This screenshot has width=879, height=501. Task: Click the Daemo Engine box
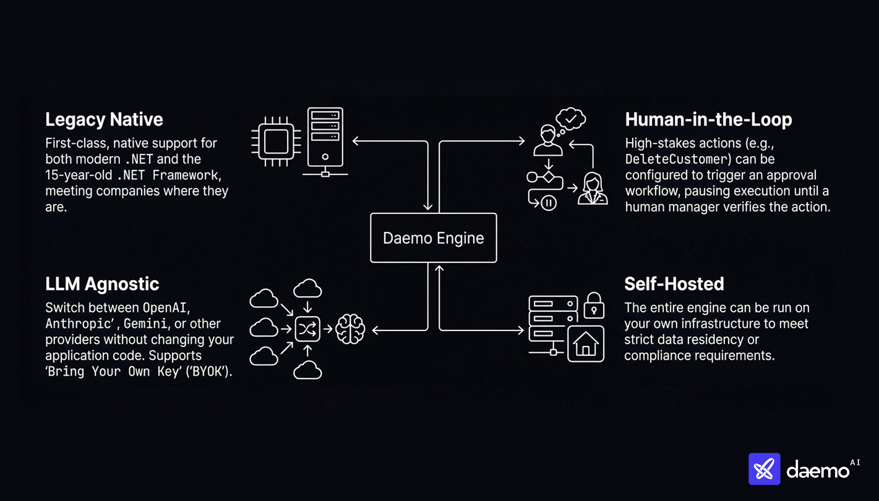[x=433, y=238]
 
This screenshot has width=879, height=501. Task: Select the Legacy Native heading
[x=104, y=120]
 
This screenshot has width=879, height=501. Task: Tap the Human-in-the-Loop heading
[x=708, y=120]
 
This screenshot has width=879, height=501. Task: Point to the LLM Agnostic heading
[x=102, y=284]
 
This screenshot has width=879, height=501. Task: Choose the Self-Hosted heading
[x=674, y=284]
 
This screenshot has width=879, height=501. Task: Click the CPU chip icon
[x=276, y=142]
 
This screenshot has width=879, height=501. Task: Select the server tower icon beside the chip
[x=325, y=142]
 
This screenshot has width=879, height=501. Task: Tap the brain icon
[x=350, y=329]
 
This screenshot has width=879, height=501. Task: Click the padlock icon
[x=594, y=306]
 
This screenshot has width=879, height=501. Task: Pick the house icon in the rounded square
[x=585, y=344]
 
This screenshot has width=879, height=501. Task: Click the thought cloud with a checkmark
[x=571, y=119]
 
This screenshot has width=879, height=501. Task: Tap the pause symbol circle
[x=549, y=203]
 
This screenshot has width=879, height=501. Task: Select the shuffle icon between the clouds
[x=307, y=329]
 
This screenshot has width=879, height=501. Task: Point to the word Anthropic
[x=79, y=324]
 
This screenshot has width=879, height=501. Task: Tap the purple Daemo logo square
[x=764, y=469]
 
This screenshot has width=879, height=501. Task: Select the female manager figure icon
[x=592, y=189]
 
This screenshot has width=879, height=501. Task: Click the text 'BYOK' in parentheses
[x=208, y=372]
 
